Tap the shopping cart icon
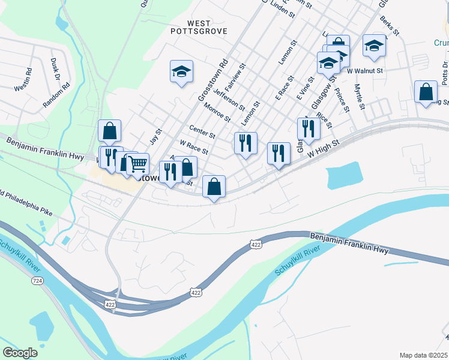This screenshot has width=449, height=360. coord(138,163)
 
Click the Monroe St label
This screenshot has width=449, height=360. coord(217,112)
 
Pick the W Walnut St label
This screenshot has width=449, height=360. coord(365,70)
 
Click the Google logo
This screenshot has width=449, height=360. coord(20,353)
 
